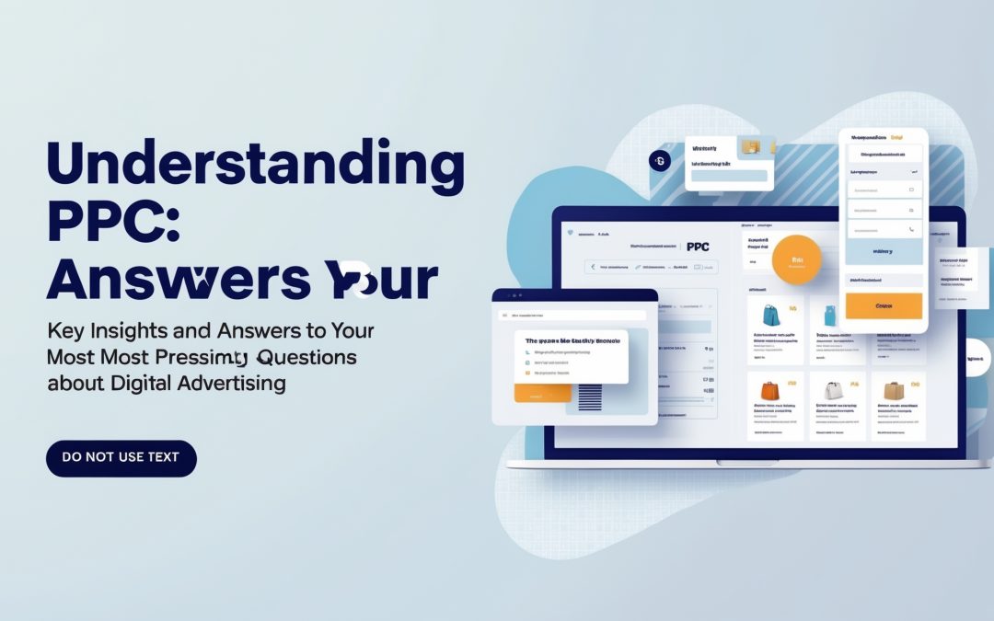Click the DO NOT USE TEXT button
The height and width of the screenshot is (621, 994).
(x=121, y=457)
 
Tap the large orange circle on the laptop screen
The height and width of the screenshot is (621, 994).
(x=795, y=259)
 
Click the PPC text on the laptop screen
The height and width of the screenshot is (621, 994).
(x=699, y=247)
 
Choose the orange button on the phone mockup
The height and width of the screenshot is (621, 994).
(x=884, y=305)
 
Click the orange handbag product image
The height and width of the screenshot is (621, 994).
(x=770, y=391)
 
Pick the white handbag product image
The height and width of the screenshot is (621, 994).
(x=832, y=391)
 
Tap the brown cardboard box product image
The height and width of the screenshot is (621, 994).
(x=894, y=391)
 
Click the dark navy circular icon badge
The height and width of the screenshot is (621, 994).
(x=660, y=160)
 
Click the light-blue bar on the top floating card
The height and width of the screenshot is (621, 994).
(x=730, y=176)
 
